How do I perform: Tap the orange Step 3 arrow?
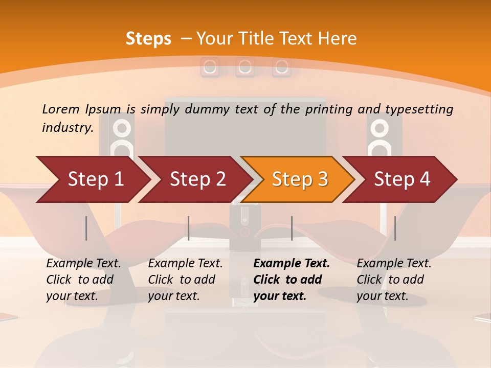pos(300,179)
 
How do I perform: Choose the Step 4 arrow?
pos(402,179)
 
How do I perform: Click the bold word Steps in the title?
pos(148,38)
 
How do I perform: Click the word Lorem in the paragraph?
pos(60,109)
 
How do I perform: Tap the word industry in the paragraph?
pos(67,127)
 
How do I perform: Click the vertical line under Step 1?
pos(86,228)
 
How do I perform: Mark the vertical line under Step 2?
pos(189,228)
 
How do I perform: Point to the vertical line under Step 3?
pos(292,228)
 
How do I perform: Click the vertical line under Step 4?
pos(395,228)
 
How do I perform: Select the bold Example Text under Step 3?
pos(292,263)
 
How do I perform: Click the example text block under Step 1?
pos(83,280)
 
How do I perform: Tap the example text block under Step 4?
pos(394,280)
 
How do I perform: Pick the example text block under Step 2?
pos(185,280)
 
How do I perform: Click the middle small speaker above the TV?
pos(245,66)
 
